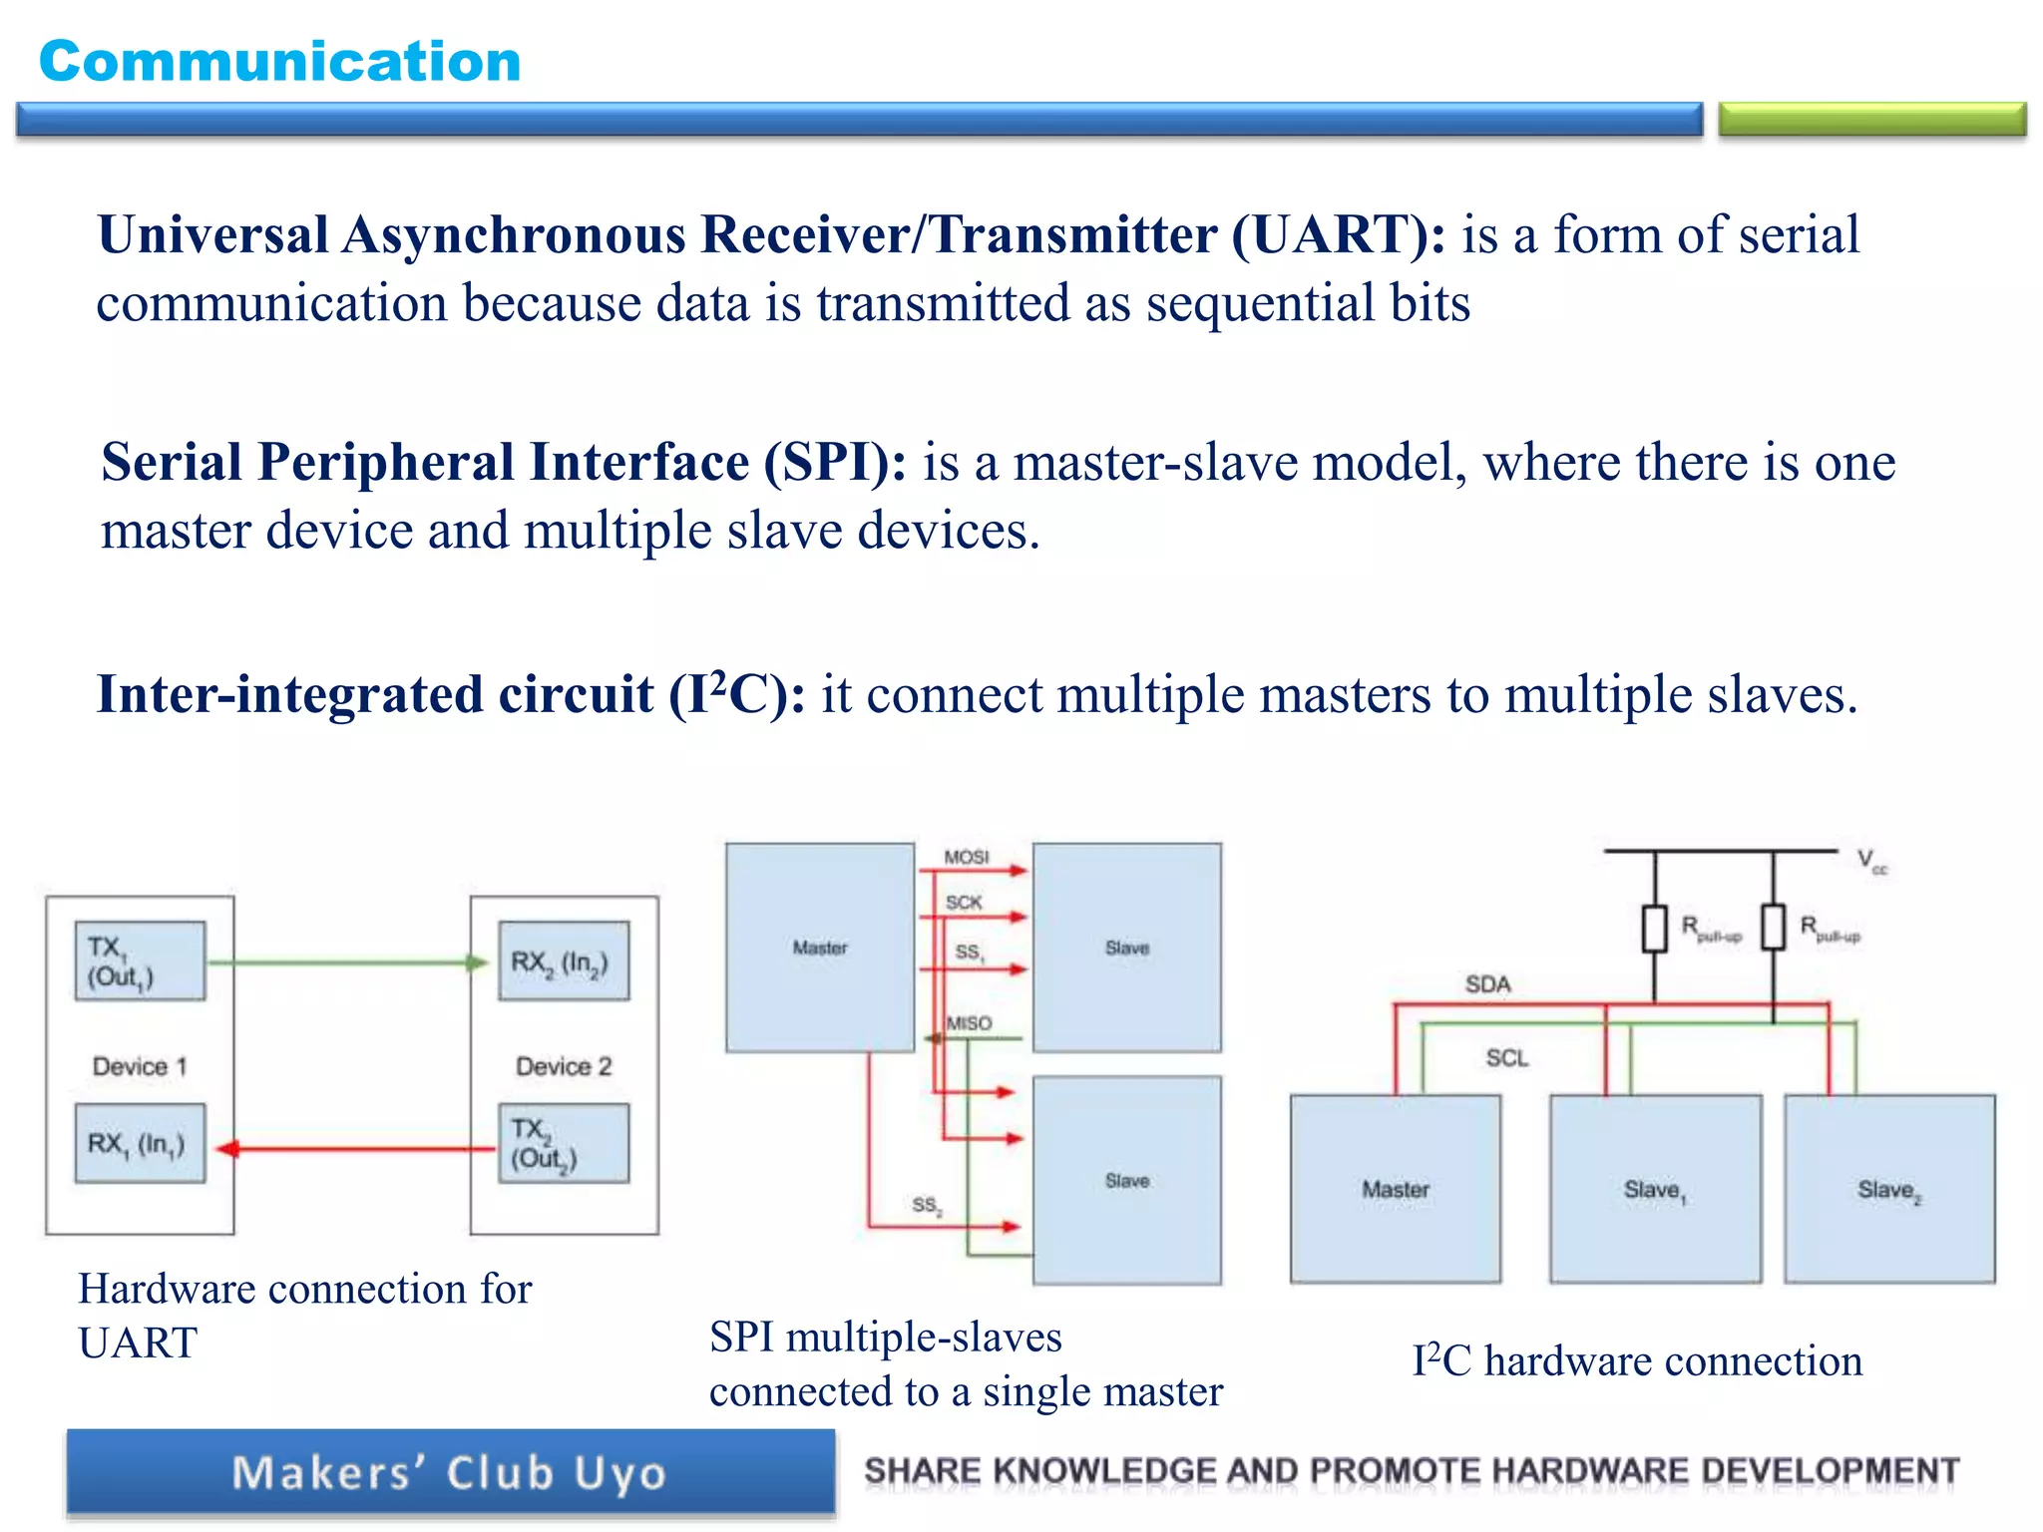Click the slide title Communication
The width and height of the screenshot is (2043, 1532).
279,62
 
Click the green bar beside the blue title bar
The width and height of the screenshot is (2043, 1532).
1871,119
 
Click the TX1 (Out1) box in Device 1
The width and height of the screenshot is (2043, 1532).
140,960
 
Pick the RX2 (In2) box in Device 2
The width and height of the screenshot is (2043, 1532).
564,960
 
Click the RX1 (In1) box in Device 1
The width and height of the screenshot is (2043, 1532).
140,1143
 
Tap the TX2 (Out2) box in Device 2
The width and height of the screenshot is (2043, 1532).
564,1143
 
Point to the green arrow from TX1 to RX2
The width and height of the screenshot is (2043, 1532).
349,962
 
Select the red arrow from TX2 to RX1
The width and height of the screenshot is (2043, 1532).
359,1149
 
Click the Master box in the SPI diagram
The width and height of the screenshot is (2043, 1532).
820,948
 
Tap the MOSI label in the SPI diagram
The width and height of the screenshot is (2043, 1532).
967,857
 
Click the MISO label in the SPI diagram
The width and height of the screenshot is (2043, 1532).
970,1023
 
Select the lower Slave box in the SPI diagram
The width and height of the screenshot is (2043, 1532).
1127,1180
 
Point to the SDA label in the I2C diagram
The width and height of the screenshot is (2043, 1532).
1487,984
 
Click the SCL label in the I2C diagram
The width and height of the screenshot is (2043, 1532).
1506,1057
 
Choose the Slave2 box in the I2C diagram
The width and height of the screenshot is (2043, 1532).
1889,1189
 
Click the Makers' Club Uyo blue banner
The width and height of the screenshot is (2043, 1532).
450,1473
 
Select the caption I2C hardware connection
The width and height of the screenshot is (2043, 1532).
1637,1361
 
